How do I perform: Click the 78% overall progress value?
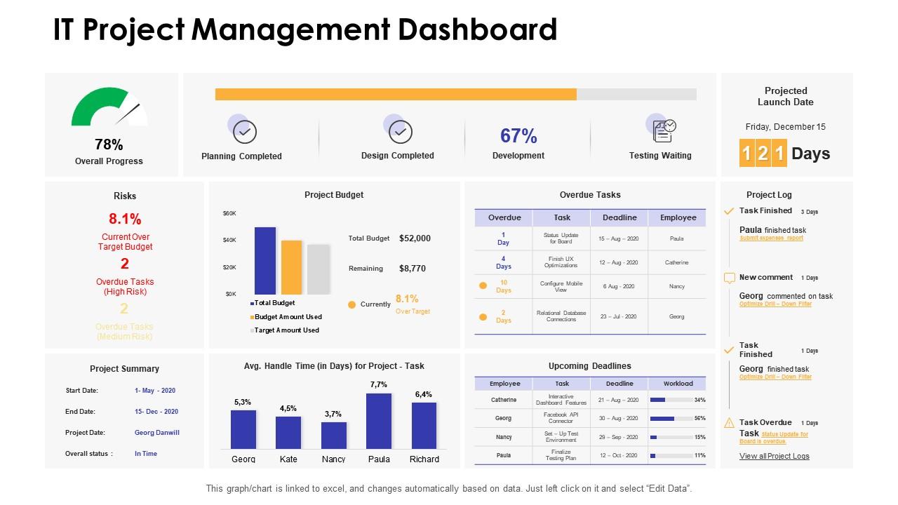point(109,144)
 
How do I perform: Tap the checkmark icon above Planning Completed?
point(245,131)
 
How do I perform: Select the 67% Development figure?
point(518,135)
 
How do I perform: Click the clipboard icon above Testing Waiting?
point(663,130)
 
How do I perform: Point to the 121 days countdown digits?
point(762,154)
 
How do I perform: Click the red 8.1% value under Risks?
point(125,218)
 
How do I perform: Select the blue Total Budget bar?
point(265,260)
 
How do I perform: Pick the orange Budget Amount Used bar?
point(291,267)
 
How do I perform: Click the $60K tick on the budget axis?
point(229,213)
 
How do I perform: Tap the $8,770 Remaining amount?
point(412,268)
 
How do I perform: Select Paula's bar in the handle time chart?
point(379,421)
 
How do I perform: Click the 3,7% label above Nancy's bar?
point(333,414)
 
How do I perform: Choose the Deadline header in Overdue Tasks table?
point(619,217)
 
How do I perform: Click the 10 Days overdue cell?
point(504,286)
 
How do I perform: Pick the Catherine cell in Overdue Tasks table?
point(676,262)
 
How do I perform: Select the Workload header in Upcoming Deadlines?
point(678,384)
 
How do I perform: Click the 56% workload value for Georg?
point(699,418)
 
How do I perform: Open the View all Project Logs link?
point(774,456)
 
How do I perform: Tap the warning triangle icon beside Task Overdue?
point(729,422)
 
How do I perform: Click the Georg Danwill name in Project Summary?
point(157,433)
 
